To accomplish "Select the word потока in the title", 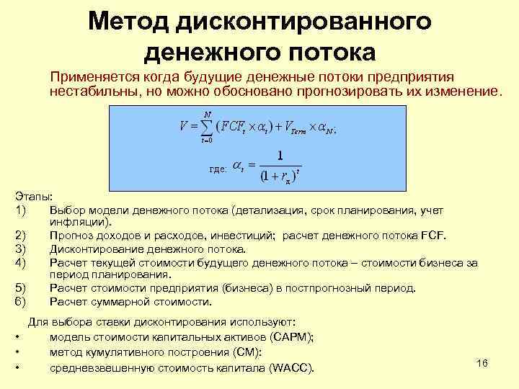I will [x=334, y=52].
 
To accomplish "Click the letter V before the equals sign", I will [x=185, y=127].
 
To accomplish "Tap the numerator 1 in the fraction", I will [x=280, y=155].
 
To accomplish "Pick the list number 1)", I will [x=20, y=210].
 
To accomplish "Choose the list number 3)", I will [x=20, y=249].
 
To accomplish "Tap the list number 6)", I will [x=20, y=301].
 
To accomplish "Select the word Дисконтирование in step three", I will [x=95, y=249].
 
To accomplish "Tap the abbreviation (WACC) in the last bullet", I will [x=291, y=368].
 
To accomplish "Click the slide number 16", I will [x=482, y=363].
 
